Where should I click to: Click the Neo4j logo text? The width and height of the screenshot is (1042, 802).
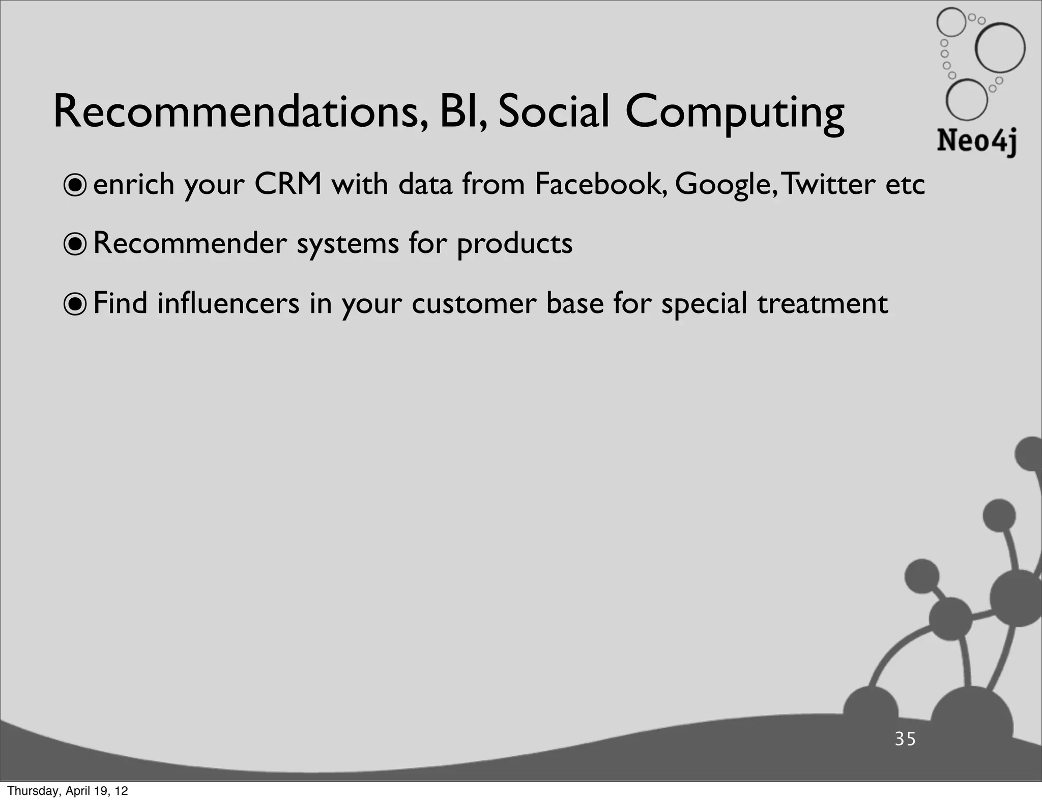(x=976, y=141)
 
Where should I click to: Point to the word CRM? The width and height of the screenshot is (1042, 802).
(x=288, y=184)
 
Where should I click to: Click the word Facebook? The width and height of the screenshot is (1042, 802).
(x=600, y=184)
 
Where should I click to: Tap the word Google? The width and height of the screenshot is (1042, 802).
(x=725, y=185)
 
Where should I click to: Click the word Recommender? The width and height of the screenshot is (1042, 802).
(x=190, y=243)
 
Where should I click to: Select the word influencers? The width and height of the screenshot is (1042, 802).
(x=228, y=303)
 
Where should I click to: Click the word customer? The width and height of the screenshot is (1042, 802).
(x=474, y=304)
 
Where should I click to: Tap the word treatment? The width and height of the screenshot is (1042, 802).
(x=822, y=304)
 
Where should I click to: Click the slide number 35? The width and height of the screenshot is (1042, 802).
(x=905, y=739)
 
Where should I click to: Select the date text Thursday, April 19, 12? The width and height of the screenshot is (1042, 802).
(x=68, y=791)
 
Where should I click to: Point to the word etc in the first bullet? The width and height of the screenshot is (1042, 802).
(x=905, y=185)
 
